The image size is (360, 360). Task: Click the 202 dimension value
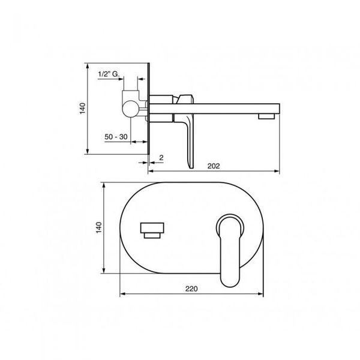214,166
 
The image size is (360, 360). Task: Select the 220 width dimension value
191,289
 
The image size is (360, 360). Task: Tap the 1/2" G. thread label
109,74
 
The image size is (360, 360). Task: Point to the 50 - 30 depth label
116,137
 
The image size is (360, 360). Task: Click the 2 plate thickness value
161,158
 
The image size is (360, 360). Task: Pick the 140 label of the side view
82,109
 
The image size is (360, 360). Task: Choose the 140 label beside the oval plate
99,227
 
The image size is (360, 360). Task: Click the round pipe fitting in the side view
130,109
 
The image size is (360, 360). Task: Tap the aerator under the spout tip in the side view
266,116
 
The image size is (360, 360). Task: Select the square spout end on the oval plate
152,227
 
